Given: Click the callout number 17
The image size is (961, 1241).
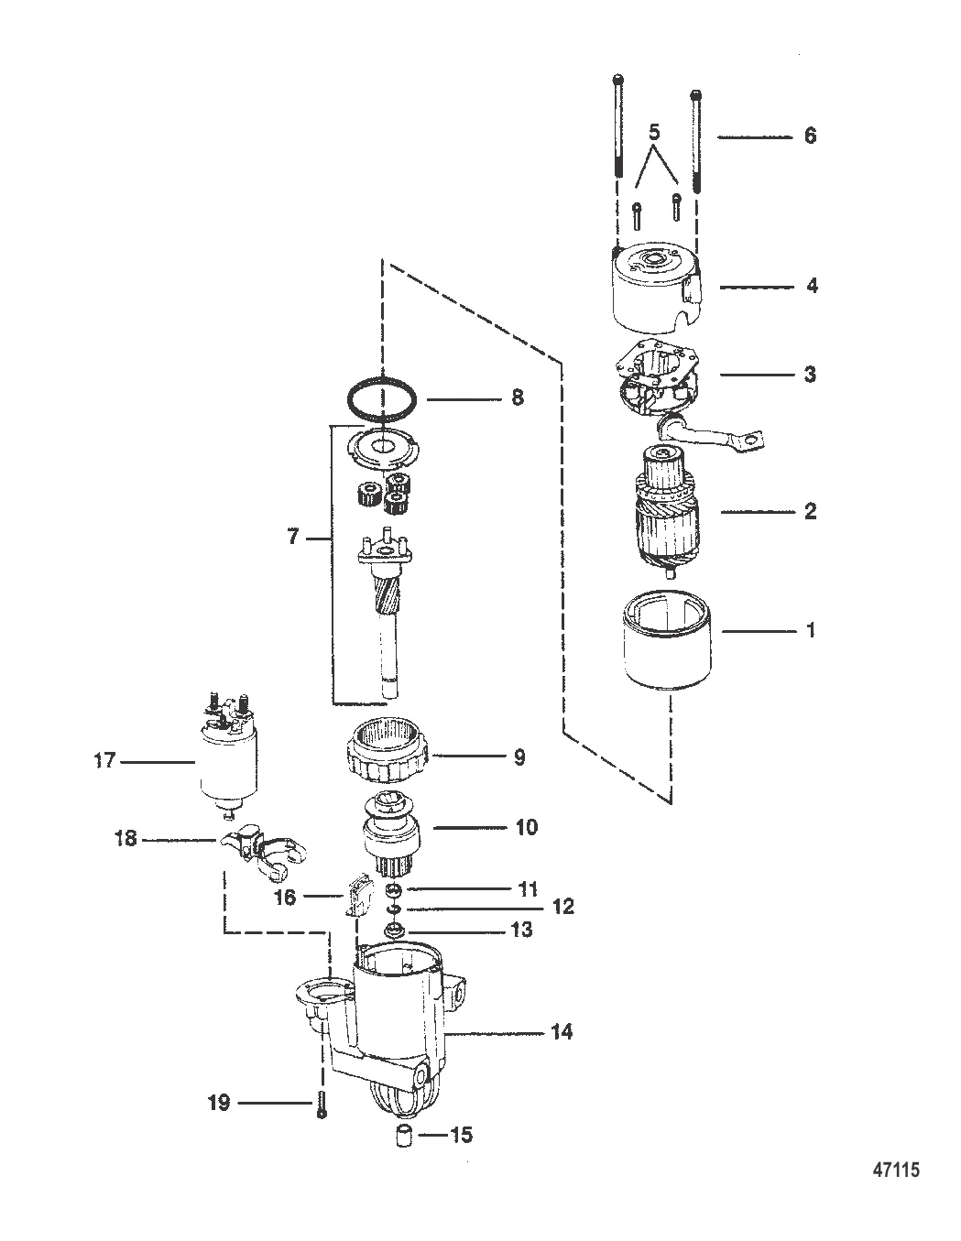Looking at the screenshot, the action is [x=104, y=761].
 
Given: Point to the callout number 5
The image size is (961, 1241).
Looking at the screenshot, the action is [x=654, y=133].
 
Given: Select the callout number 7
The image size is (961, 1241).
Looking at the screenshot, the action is [x=293, y=537].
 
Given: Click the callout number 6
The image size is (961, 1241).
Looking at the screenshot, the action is [x=810, y=136].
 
